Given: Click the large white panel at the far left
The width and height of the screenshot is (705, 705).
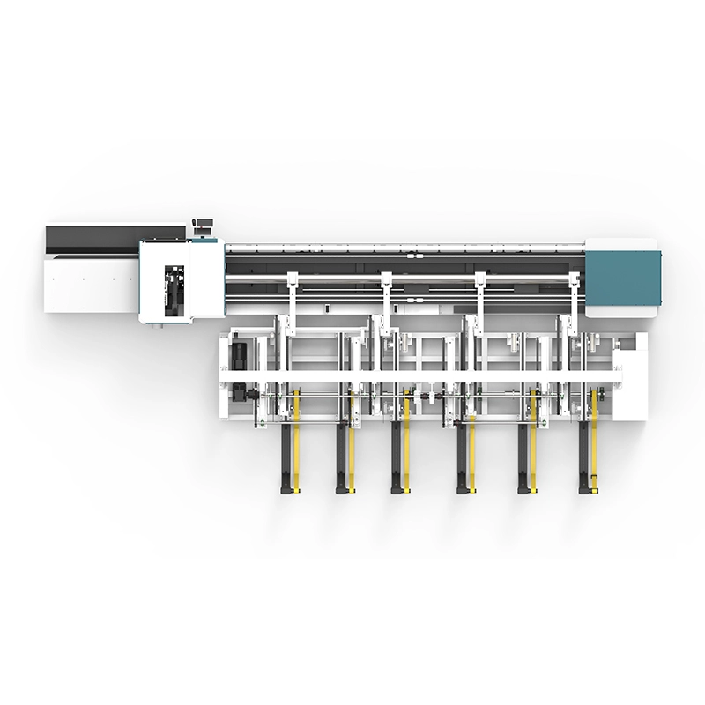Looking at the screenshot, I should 92,282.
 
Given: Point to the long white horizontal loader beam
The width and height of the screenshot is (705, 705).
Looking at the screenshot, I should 423,377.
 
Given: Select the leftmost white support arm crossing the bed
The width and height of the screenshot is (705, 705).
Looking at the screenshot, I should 291,300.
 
